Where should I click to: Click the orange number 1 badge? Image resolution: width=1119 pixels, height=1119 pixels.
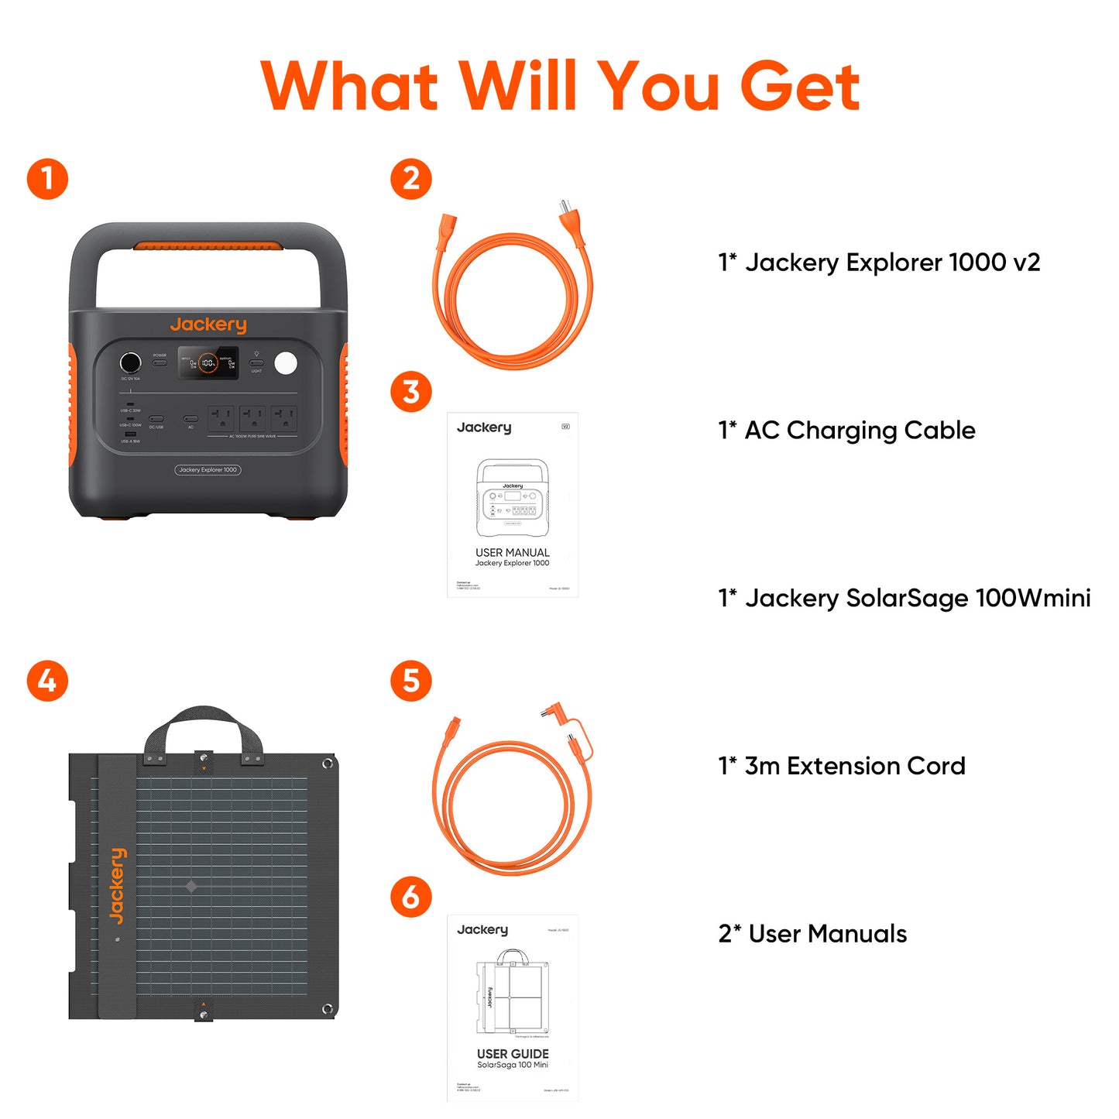47,179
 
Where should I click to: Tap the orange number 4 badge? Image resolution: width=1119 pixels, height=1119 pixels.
47,681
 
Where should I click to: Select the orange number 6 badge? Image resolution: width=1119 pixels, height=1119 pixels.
411,897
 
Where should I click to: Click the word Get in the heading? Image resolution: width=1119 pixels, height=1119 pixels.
799,87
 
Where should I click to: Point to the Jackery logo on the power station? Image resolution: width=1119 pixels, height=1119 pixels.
208,324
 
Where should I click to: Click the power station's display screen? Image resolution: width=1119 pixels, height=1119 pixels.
208,362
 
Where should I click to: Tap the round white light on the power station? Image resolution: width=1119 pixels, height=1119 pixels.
286,362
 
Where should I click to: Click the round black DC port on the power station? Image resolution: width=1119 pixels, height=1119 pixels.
130,362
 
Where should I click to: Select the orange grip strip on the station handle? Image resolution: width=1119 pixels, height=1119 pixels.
208,246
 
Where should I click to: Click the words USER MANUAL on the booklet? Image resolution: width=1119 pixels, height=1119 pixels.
513,552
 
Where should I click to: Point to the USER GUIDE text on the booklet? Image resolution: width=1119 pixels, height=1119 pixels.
513,1054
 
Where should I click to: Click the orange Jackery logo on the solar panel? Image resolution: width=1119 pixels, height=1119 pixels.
117,886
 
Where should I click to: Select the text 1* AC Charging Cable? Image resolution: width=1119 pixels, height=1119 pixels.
846,430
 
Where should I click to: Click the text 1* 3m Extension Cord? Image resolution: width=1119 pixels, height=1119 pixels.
842,766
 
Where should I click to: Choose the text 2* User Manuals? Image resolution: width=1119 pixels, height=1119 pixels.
812,934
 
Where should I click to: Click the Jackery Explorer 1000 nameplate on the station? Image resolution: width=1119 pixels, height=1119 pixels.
208,470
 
